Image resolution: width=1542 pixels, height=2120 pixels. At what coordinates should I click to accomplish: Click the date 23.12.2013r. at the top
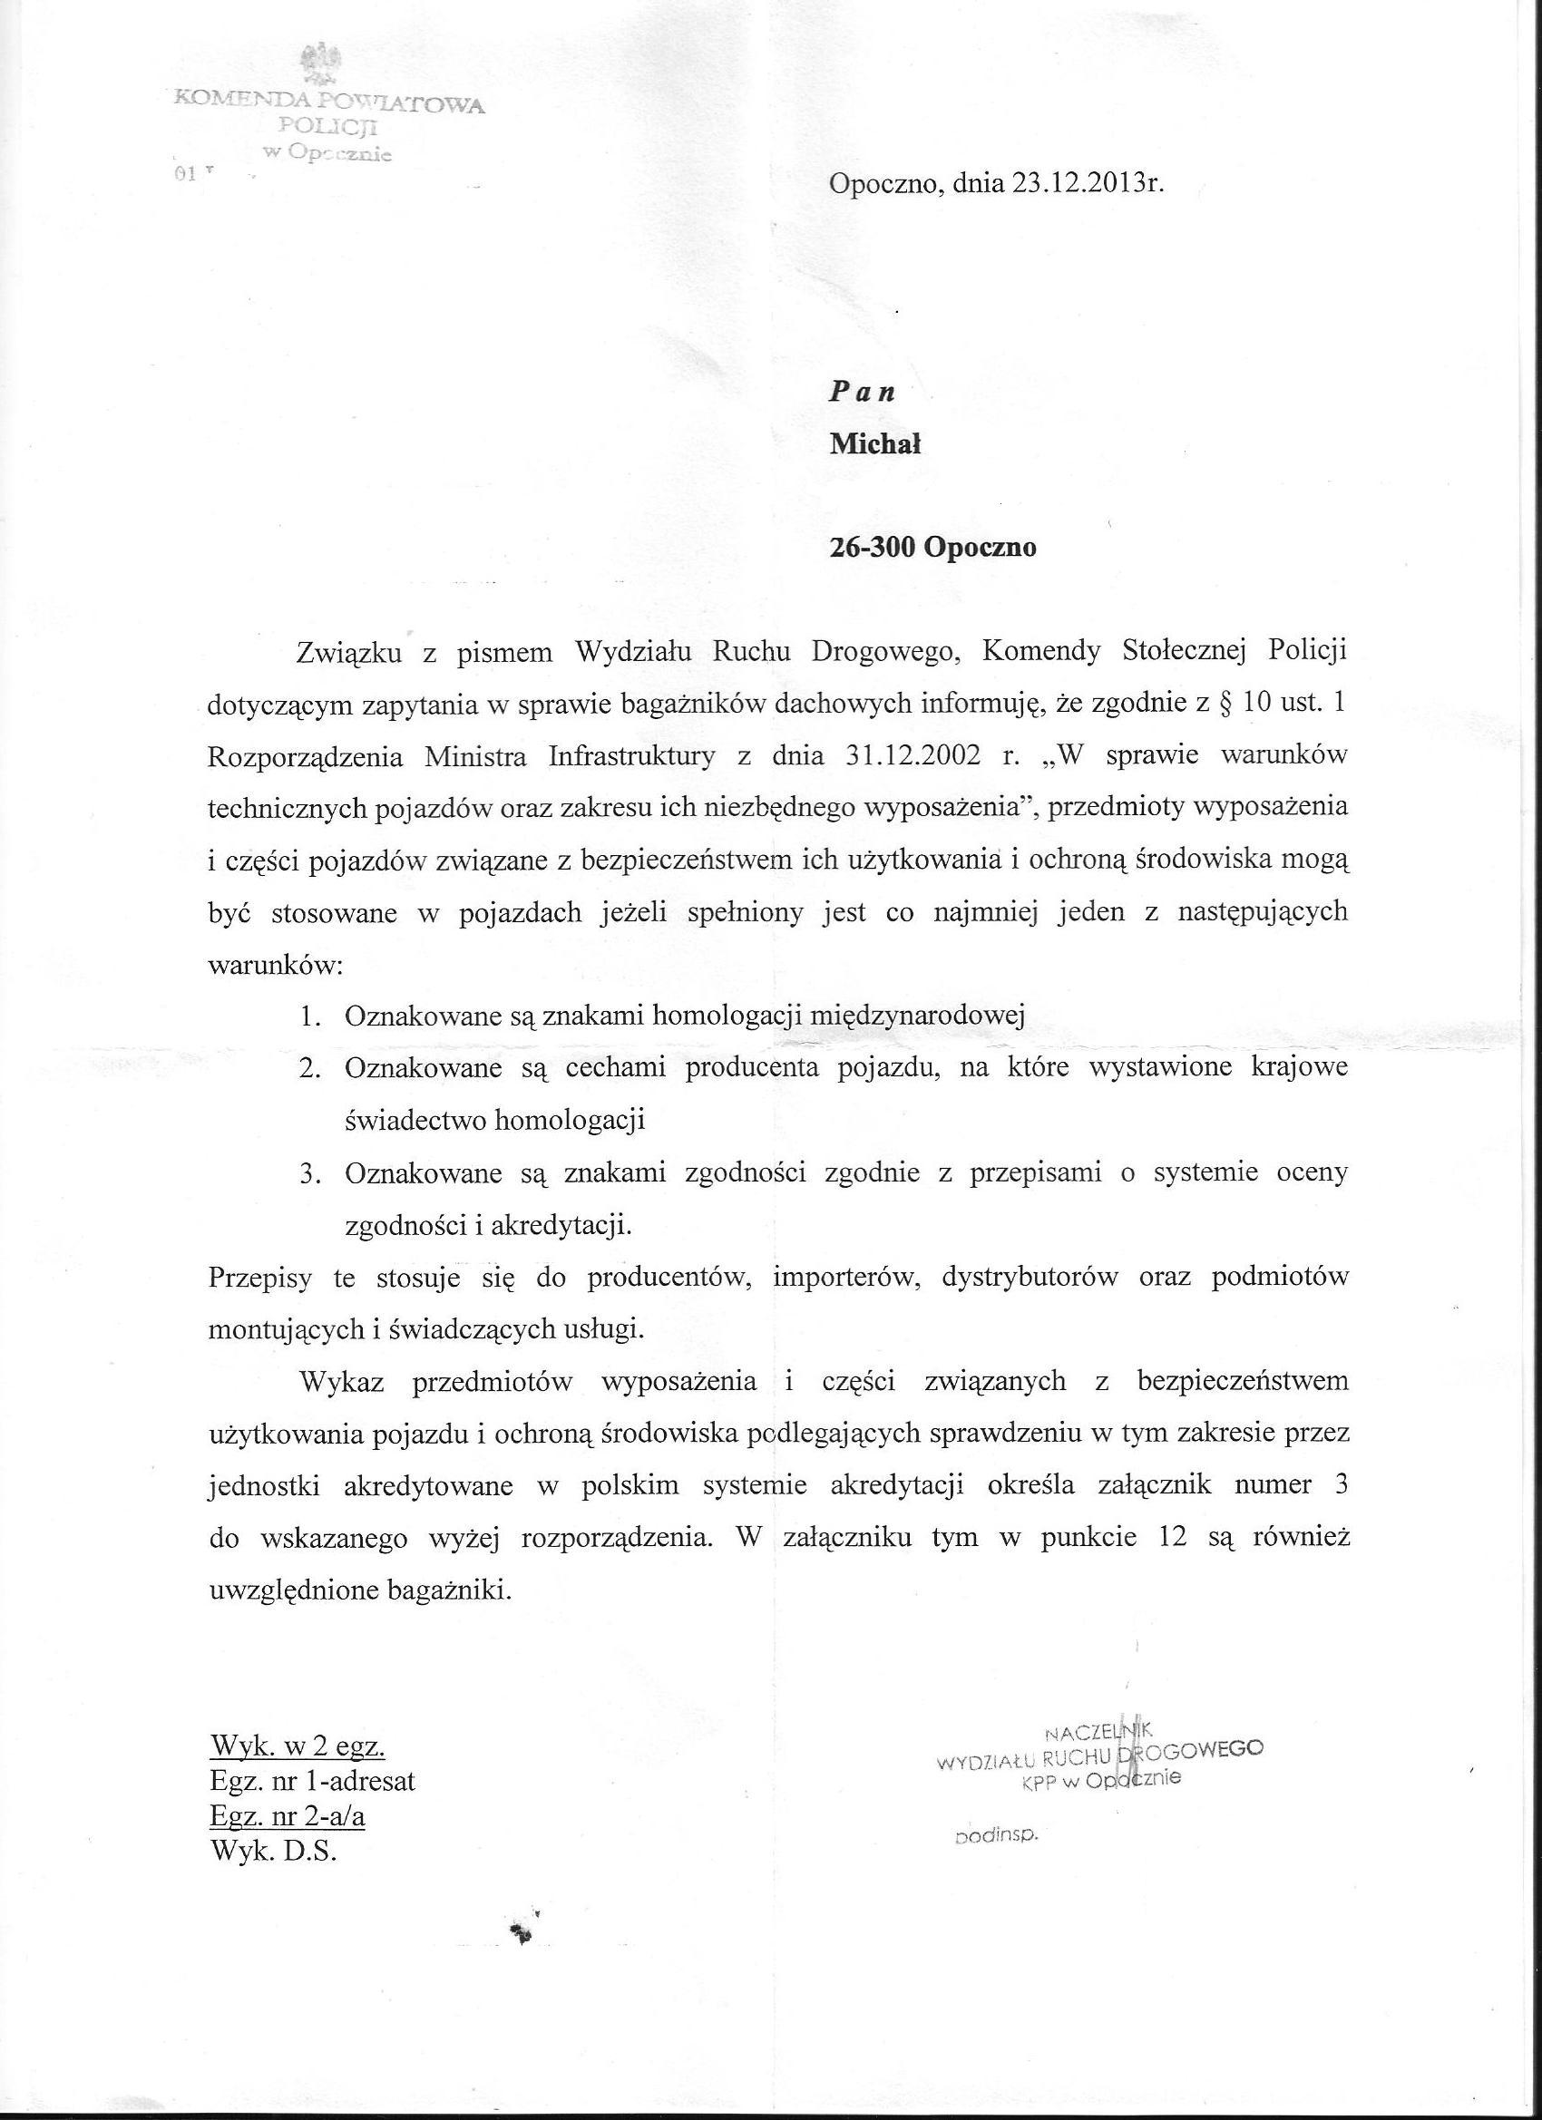pyautogui.click(x=1087, y=184)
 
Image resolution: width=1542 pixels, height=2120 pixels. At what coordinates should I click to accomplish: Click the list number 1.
pyautogui.click(x=308, y=1016)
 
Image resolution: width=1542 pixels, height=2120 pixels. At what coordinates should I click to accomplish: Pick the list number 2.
pyautogui.click(x=308, y=1068)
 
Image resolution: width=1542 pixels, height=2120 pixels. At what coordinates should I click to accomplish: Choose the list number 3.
pyautogui.click(x=308, y=1173)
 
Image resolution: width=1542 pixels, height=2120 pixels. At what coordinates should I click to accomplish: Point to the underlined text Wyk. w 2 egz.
pyautogui.click(x=298, y=1746)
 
